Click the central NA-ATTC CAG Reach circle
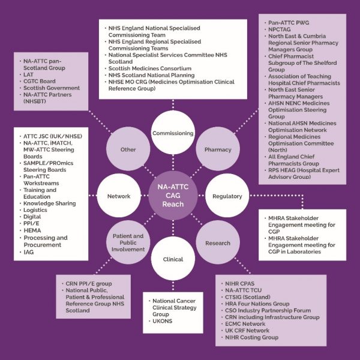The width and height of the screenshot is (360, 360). tap(172, 196)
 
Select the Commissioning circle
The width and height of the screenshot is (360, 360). tap(172, 133)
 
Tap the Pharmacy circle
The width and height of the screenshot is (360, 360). tap(218, 149)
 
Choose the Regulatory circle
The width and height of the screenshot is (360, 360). tap(227, 196)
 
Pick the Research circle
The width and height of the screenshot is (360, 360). tap(217, 243)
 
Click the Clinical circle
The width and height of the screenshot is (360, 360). tap(172, 259)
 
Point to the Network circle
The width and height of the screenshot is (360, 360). tap(118, 196)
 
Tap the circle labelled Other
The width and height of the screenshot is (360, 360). tap(128, 149)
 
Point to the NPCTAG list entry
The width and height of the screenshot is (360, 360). tap(282, 35)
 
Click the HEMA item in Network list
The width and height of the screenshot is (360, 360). tap(34, 230)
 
